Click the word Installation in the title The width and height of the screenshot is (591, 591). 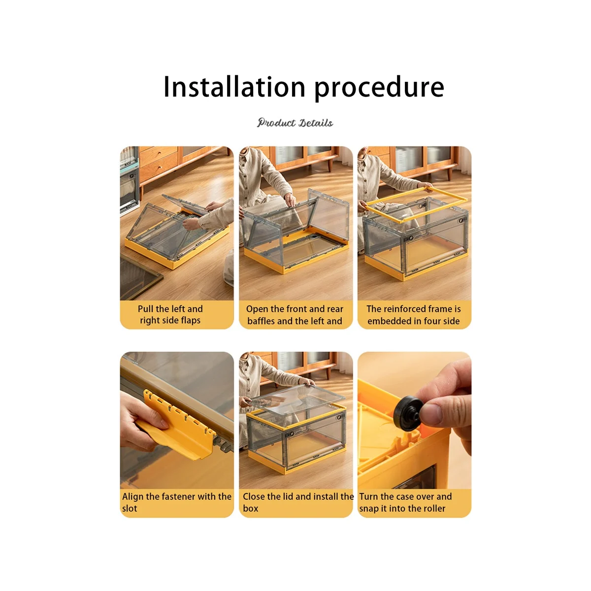(x=234, y=87)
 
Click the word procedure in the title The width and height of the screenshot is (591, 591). (x=379, y=89)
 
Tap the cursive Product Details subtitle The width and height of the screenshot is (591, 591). (x=295, y=123)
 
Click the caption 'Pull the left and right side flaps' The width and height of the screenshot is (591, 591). (x=170, y=314)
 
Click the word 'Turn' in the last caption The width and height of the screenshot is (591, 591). (x=368, y=496)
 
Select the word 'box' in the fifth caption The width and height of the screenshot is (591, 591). (x=250, y=508)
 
